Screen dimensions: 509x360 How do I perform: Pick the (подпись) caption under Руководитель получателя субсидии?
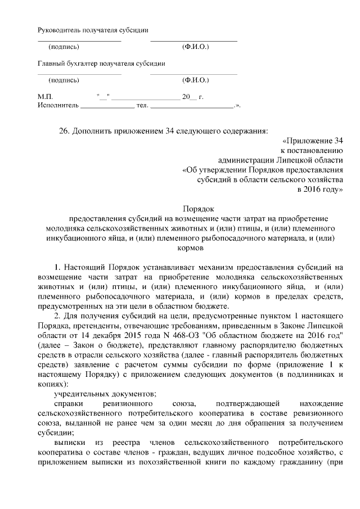[x=64, y=46]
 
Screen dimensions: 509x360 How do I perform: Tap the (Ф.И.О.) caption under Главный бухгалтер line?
[x=196, y=80]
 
